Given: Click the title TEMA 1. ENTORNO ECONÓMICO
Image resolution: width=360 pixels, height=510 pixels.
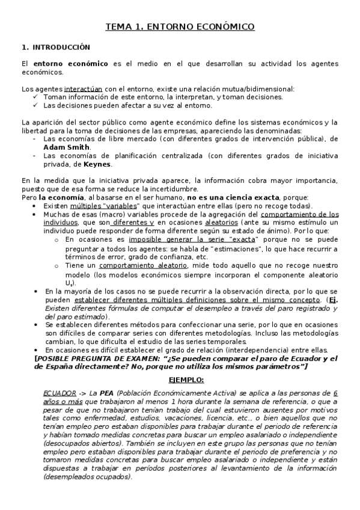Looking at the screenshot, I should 180,27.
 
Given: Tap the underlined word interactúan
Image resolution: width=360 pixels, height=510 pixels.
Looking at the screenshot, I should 85,89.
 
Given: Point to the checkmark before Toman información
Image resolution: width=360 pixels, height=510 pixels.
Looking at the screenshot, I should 37,97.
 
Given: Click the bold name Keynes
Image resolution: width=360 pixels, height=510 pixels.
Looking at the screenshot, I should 97,163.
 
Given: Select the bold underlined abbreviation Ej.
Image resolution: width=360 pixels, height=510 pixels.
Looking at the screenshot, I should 334,300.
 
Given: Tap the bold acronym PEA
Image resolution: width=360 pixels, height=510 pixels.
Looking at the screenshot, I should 108,393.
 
